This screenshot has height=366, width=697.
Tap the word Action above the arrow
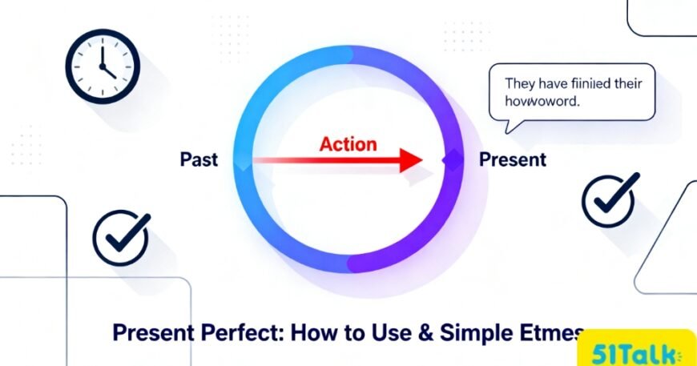coord(348,144)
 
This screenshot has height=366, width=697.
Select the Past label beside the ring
coord(199,160)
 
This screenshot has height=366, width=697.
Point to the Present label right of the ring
coord(512,159)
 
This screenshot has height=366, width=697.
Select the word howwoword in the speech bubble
coord(541,102)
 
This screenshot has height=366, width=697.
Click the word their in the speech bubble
coord(633,83)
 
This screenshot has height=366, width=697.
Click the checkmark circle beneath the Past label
coord(121,238)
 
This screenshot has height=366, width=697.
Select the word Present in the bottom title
coord(153,333)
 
